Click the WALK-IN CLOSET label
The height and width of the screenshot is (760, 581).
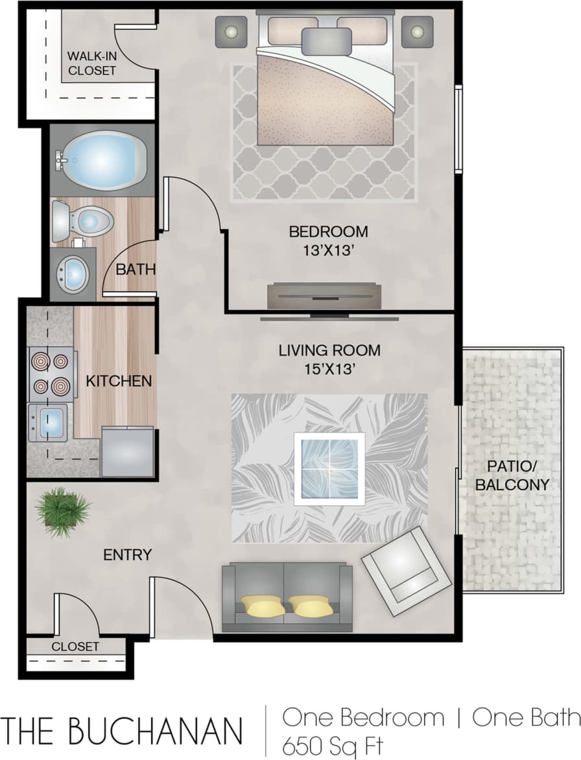coord(91,64)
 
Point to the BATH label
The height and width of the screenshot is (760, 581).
coord(136,269)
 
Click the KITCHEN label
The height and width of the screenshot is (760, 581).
coord(119,381)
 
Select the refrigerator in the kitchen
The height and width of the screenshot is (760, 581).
coord(128,451)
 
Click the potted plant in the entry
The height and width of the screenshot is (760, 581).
coord(63,512)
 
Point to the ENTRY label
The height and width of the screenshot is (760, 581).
coord(128,554)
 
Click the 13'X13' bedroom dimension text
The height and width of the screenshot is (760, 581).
coord(328,251)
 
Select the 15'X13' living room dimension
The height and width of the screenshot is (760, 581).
coord(329,370)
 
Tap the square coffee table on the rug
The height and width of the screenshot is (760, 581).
coord(329,469)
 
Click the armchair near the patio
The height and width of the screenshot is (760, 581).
coord(406,571)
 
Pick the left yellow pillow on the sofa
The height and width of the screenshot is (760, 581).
coord(262,606)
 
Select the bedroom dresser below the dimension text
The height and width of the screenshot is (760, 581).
coord(323,296)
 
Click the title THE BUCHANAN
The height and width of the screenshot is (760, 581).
coord(123,730)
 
